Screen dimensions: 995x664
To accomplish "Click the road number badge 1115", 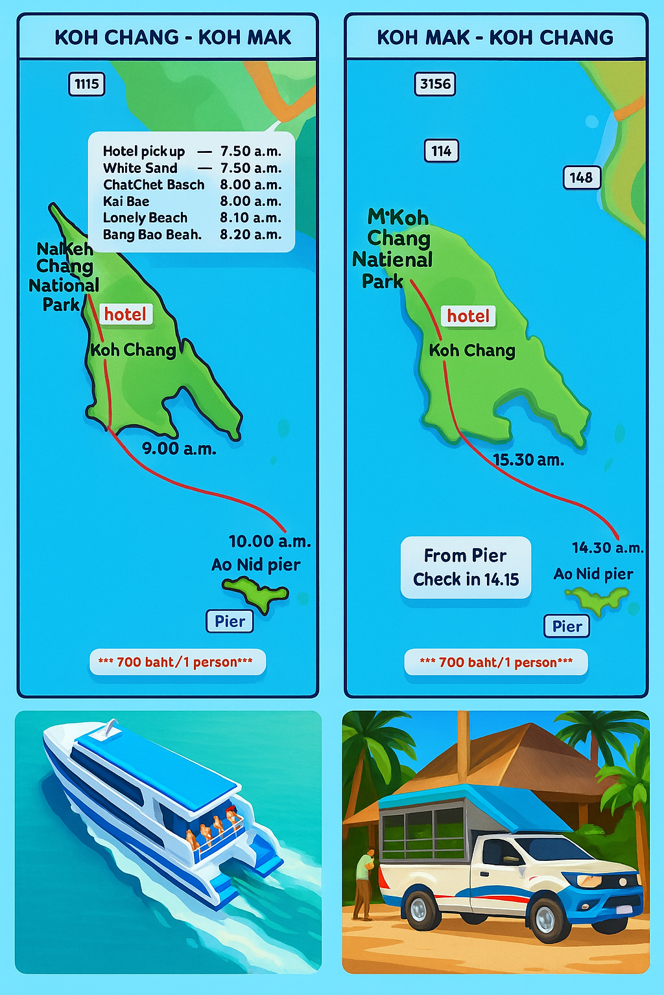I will click(x=86, y=84).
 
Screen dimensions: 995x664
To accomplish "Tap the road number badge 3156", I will click(x=435, y=84).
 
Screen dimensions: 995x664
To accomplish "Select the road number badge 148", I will click(x=581, y=177).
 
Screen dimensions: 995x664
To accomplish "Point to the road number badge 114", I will click(x=441, y=151).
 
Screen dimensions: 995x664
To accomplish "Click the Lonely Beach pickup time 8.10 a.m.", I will click(x=250, y=218).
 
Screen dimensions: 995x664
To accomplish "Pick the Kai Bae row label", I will click(x=126, y=201).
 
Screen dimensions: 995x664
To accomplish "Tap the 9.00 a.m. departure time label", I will click(x=179, y=448).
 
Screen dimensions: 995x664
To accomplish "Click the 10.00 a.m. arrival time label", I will click(x=269, y=542).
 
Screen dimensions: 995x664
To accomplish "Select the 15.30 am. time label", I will click(x=528, y=460).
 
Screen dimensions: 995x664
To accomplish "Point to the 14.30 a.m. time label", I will click(x=608, y=548).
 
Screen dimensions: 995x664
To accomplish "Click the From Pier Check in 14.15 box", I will click(x=466, y=567).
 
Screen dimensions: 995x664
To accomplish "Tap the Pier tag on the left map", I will click(x=230, y=621).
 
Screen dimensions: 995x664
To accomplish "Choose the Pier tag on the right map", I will click(x=567, y=626).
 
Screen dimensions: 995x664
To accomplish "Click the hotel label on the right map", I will click(x=468, y=316).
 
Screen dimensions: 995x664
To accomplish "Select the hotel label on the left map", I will click(x=126, y=314).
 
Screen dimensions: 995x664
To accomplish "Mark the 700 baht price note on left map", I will click(x=177, y=662).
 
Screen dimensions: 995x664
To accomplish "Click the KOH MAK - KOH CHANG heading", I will click(x=495, y=38).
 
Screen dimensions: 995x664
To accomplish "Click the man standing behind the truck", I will click(x=364, y=884).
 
